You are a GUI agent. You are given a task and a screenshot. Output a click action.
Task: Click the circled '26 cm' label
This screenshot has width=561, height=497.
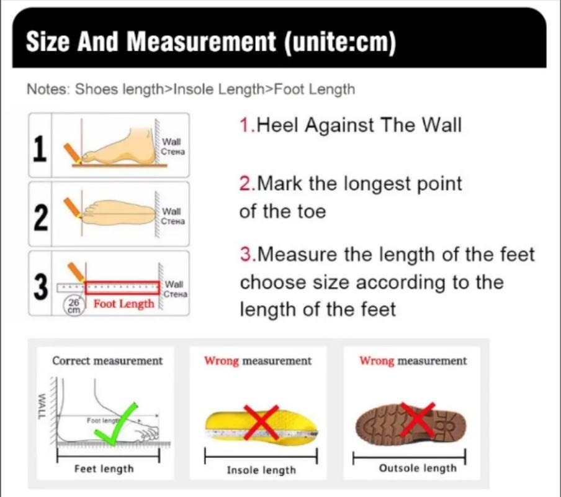tap(74, 305)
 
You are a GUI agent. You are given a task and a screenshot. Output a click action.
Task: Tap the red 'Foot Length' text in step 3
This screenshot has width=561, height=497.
tap(123, 304)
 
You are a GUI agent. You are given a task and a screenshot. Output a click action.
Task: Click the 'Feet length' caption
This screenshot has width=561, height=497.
tap(104, 468)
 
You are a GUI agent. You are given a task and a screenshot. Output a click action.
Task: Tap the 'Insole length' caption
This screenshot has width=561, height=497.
tap(261, 470)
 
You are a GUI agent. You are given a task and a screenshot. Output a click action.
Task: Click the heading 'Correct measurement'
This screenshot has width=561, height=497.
tap(107, 361)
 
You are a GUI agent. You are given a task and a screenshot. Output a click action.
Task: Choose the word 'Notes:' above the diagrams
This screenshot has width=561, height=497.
tap(48, 89)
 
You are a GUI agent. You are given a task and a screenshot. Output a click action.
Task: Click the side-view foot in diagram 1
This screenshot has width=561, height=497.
tap(124, 147)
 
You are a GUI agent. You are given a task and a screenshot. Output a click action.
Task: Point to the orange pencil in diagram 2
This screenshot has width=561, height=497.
tap(73, 207)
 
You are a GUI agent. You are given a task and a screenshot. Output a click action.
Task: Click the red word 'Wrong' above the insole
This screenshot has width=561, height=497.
tap(221, 361)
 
